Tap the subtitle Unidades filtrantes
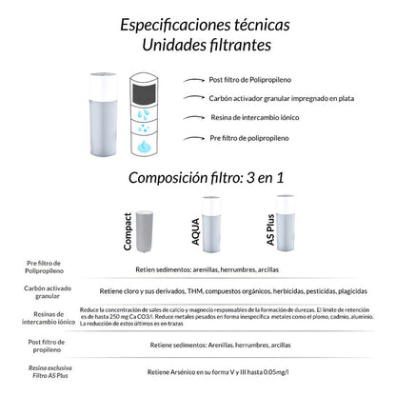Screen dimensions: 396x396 point(198,44)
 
